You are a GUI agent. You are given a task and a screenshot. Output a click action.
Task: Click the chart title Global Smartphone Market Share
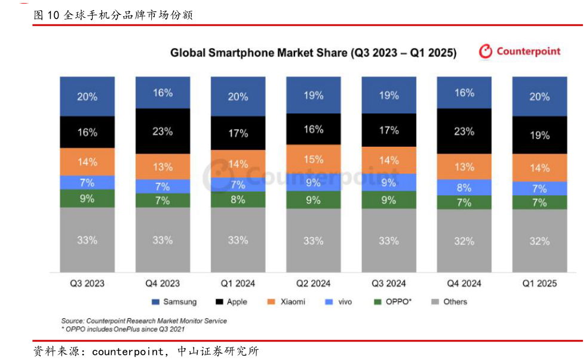tap(313, 53)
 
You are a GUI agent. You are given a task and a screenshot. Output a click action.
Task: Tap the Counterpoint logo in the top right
tap(520, 51)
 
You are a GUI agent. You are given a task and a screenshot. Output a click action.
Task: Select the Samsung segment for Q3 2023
tap(87, 96)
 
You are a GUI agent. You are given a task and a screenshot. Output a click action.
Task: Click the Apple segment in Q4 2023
tap(162, 131)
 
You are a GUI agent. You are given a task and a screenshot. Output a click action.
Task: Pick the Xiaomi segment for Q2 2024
tap(314, 159)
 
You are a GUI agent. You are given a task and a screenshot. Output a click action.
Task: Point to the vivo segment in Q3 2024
tap(389, 183)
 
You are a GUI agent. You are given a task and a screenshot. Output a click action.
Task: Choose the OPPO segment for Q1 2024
tap(238, 199)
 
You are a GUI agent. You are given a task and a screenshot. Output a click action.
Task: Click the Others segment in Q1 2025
tap(539, 241)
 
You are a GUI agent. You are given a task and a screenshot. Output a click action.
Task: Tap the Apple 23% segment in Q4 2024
tap(464, 131)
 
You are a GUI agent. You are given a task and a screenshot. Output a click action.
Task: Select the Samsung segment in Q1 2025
tap(539, 96)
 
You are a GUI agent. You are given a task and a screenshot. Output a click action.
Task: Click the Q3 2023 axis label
tap(87, 283)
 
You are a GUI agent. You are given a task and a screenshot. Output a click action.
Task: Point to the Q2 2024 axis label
tap(314, 283)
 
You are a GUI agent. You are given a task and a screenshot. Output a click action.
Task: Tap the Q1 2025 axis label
tap(539, 283)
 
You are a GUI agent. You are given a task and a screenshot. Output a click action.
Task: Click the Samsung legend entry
tap(174, 302)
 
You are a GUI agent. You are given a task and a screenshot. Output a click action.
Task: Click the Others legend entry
tap(449, 302)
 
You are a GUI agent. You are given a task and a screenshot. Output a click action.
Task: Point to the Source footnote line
tap(143, 321)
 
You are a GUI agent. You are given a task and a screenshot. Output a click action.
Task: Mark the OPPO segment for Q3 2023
tap(87, 198)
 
